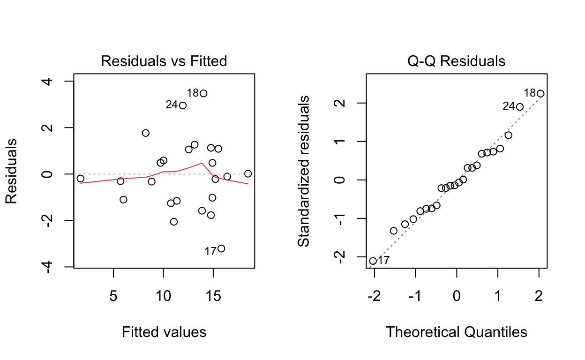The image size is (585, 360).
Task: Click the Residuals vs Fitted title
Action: (x=164, y=61)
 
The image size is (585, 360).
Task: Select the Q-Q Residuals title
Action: (x=457, y=61)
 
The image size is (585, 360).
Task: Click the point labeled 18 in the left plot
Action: (x=203, y=93)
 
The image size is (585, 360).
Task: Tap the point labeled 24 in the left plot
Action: (x=183, y=105)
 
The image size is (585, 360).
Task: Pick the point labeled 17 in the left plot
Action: (x=221, y=248)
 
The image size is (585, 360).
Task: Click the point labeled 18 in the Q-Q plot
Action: (x=540, y=93)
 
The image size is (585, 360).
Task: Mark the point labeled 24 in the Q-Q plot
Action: (x=519, y=107)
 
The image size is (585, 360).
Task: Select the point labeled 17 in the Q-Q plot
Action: (x=373, y=261)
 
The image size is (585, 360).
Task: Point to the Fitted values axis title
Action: (x=164, y=332)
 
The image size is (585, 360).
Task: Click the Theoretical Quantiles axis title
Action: (x=457, y=332)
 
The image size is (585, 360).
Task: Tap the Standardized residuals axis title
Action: (x=304, y=171)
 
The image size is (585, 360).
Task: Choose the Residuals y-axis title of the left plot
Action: (x=11, y=171)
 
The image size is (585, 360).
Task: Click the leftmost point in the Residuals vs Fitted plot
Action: (x=81, y=179)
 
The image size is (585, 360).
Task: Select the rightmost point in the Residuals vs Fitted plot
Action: (x=248, y=173)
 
